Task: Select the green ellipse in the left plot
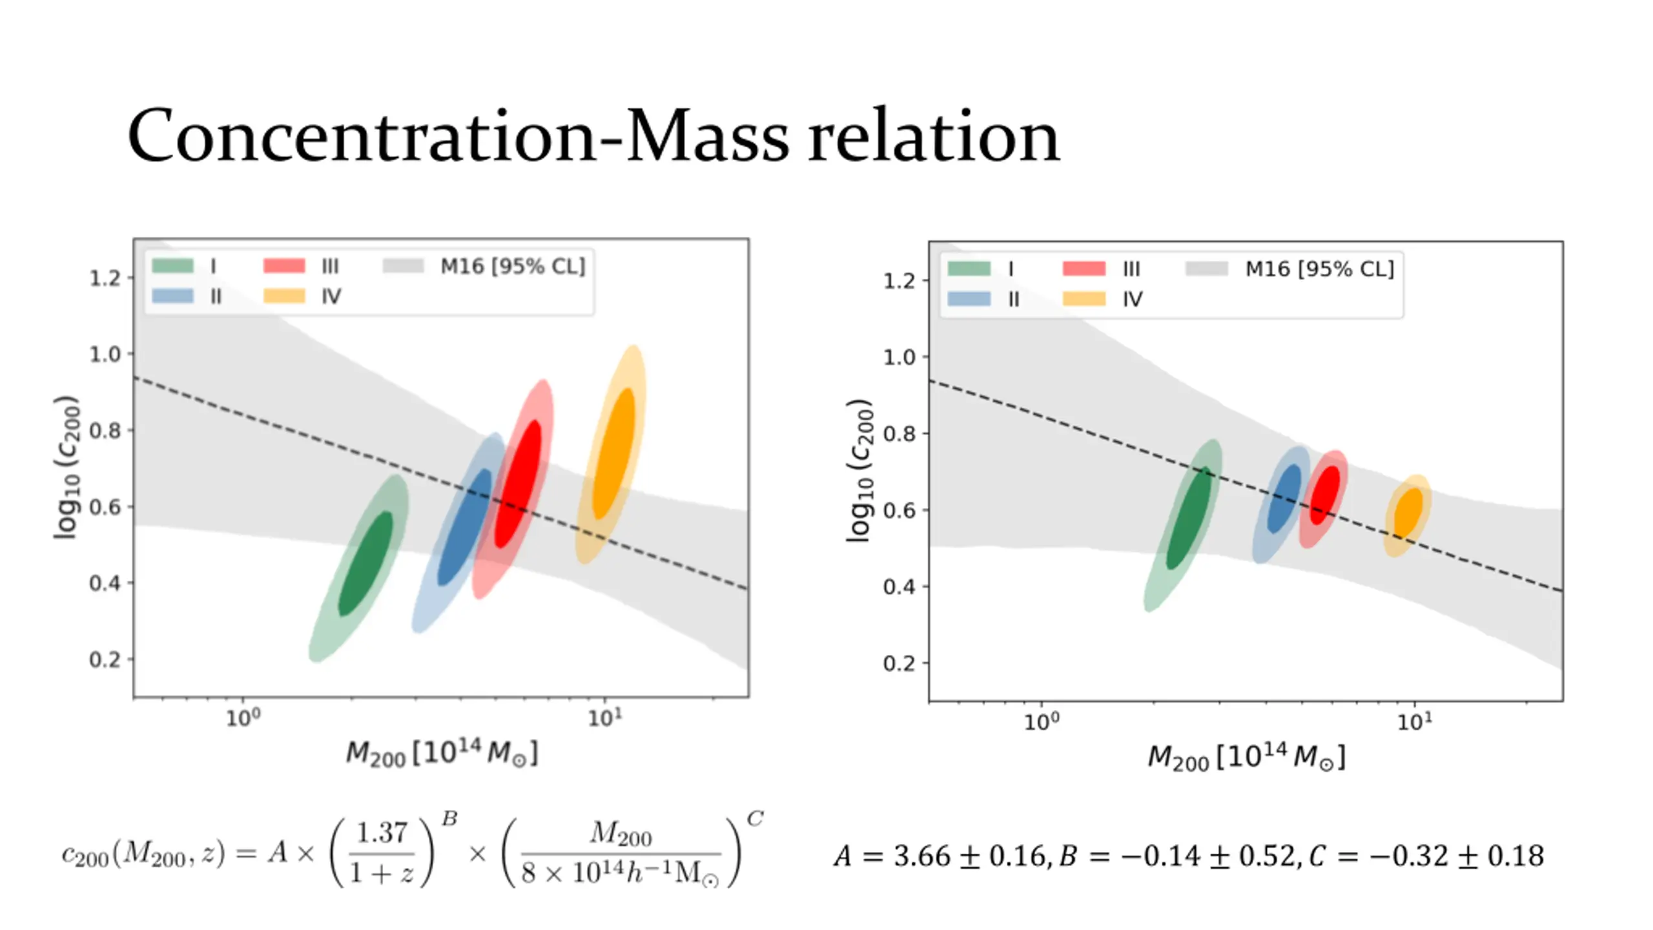pos(365,564)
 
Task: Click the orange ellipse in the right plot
pos(1408,513)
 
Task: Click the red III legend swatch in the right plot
pos(1084,269)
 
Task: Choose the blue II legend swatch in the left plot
pos(172,296)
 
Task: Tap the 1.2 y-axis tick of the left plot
pos(105,278)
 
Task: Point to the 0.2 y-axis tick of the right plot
pos(899,663)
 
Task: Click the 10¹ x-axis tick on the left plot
pos(604,718)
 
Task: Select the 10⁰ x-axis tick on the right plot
pos(1042,721)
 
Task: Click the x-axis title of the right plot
pos(1246,757)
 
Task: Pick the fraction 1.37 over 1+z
pos(382,852)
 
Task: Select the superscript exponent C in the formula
pos(755,819)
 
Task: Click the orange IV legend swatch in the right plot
pos(1084,299)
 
